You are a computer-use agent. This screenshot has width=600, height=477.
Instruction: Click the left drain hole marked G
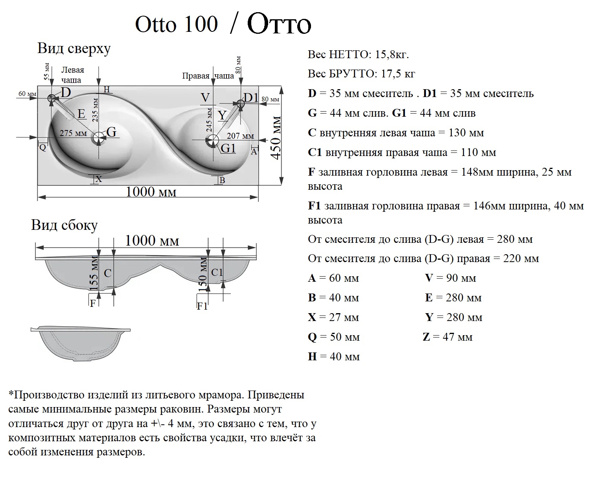[x=98, y=137]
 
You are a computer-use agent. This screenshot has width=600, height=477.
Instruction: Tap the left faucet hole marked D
[x=52, y=98]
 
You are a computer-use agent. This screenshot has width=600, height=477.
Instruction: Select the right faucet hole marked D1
[x=240, y=103]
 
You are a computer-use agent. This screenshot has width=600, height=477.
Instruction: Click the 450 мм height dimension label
[x=276, y=138]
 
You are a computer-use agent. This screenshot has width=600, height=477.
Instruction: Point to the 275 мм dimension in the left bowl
[x=74, y=133]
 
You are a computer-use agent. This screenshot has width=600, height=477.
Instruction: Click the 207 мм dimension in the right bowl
[x=240, y=136]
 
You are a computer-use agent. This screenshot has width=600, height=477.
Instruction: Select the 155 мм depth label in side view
[x=94, y=273]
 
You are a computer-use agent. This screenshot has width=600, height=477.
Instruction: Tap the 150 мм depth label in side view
[x=203, y=274]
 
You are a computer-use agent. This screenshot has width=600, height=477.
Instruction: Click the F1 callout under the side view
[x=202, y=306]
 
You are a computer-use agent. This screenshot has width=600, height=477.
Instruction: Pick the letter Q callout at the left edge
[x=43, y=148]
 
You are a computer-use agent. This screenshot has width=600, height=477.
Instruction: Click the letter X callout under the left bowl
[x=99, y=179]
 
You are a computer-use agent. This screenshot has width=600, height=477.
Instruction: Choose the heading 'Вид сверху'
[x=74, y=49]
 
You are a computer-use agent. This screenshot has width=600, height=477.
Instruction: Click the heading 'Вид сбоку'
[x=64, y=226]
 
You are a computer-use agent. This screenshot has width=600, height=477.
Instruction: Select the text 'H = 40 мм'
[x=334, y=357]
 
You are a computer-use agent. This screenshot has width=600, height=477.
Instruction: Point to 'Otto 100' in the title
[x=176, y=24]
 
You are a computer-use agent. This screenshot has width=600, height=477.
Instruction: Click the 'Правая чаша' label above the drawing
[x=208, y=76]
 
